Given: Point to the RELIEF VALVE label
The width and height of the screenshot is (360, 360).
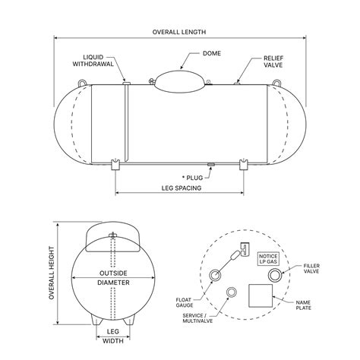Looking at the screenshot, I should point(273,60).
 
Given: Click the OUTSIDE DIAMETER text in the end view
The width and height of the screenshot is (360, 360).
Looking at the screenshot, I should point(113,277).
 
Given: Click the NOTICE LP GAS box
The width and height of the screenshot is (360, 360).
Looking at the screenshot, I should point(268,260).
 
